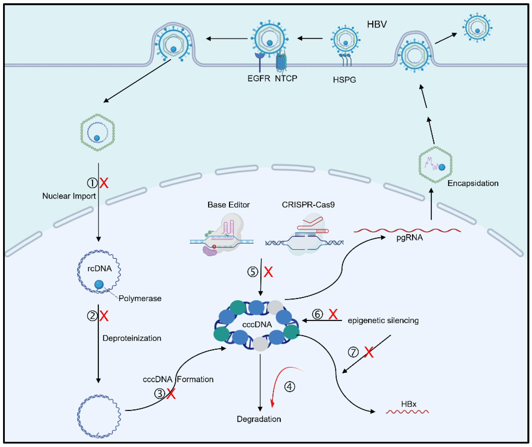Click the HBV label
(377, 24)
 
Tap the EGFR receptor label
(259, 79)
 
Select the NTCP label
(286, 79)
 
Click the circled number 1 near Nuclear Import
(92, 183)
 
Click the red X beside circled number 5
(268, 272)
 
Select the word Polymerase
(140, 298)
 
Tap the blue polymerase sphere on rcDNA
(99, 284)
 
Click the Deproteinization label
(132, 338)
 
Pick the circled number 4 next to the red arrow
(289, 387)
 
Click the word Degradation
(259, 419)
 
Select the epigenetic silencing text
(383, 321)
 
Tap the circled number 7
(353, 352)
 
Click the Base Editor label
(229, 205)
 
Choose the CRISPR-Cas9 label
(308, 205)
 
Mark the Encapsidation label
(473, 183)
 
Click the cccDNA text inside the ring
(257, 325)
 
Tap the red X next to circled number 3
(171, 394)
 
